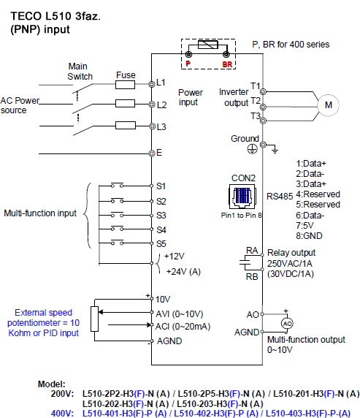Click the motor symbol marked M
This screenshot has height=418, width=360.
329,105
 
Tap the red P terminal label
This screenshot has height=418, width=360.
188,64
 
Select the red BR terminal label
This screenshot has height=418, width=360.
227,64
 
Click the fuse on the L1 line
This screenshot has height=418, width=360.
126,85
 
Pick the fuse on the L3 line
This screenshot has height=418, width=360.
126,125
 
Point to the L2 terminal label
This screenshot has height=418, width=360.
162,105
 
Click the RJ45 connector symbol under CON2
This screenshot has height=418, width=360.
242,197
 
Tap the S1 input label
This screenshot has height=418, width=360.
161,186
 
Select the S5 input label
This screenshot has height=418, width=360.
161,243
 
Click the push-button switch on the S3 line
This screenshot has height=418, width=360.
118,215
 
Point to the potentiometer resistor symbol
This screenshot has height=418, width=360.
94,319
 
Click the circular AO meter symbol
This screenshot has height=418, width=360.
287,324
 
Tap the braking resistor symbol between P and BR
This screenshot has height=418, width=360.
208,45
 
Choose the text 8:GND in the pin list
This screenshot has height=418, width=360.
309,235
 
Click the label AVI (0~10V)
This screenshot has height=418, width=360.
180,314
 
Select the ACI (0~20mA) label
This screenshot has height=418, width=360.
183,327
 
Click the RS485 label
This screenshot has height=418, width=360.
280,197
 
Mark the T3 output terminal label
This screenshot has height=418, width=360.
256,116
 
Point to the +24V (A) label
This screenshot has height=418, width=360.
183,272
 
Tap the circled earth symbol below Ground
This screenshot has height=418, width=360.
252,148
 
